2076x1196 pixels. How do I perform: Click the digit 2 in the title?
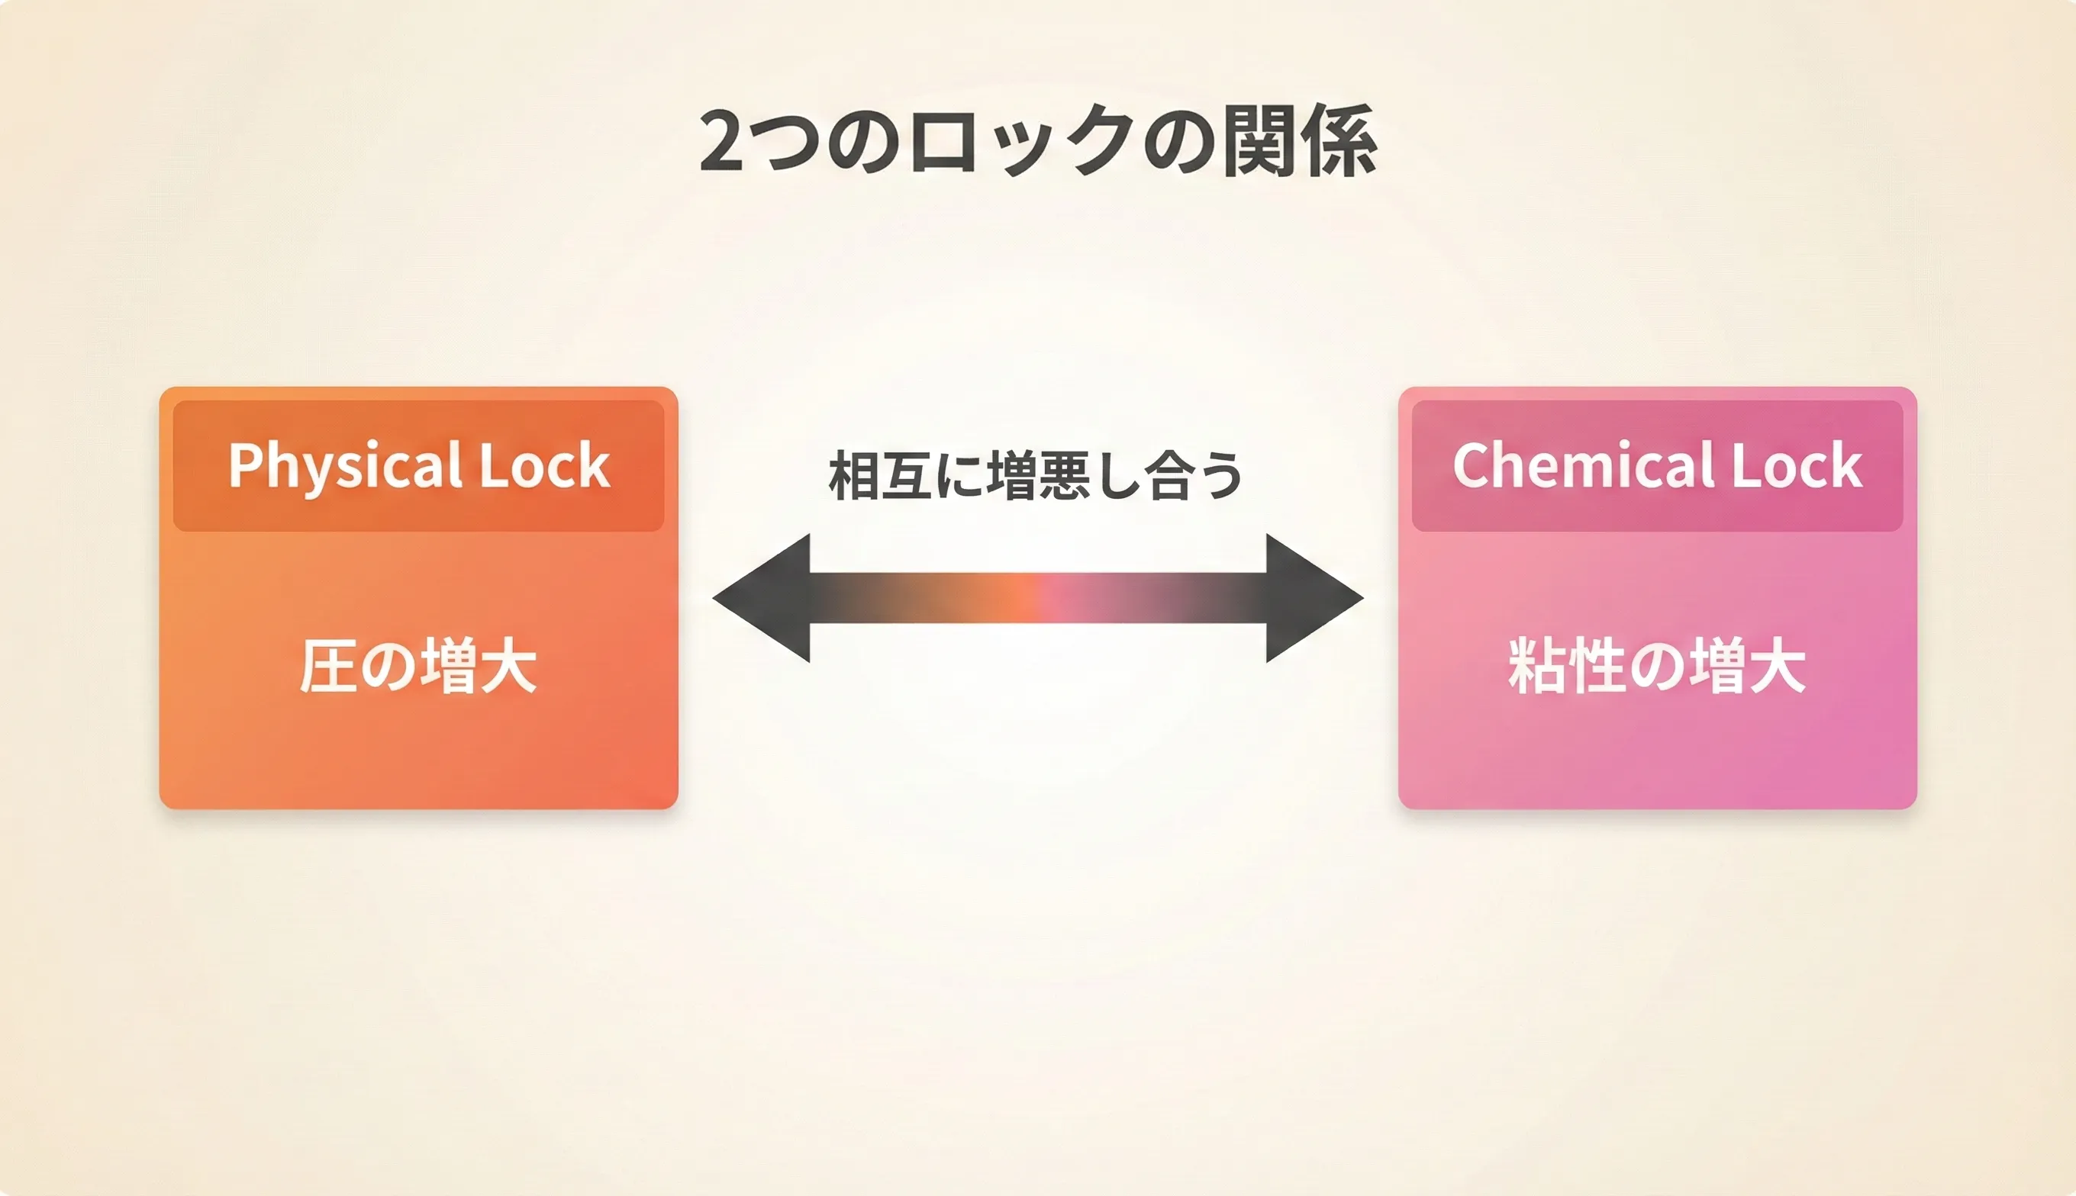[721, 141]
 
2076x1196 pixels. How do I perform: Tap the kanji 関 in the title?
[1259, 141]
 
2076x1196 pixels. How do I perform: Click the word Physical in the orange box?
[344, 467]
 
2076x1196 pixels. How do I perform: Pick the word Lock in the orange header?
[544, 467]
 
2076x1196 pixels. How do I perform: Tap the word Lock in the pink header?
[1797, 467]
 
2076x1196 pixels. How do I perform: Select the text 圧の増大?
[417, 666]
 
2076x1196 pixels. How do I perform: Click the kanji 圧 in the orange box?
[327, 666]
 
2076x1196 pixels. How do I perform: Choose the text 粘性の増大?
[1657, 666]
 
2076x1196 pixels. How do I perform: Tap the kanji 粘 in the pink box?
[1537, 666]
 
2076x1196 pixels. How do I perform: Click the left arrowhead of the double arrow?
[764, 598]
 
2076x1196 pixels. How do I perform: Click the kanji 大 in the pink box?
[1777, 666]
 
